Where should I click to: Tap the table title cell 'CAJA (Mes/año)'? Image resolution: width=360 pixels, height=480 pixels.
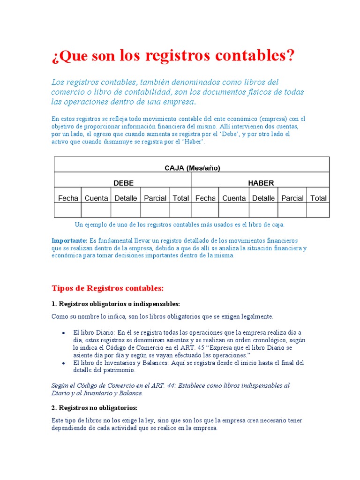click(x=192, y=168)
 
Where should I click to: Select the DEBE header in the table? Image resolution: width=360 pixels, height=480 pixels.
click(x=123, y=183)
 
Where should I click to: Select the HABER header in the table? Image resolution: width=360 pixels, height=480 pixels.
click(x=261, y=183)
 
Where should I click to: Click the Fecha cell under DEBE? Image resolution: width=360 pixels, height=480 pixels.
click(x=68, y=198)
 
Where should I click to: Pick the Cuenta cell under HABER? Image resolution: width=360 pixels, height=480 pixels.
click(x=234, y=198)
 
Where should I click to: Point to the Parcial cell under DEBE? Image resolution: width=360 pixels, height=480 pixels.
click(x=155, y=198)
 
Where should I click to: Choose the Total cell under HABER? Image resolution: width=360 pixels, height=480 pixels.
click(x=318, y=198)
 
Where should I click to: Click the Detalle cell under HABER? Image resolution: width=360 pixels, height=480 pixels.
click(x=263, y=198)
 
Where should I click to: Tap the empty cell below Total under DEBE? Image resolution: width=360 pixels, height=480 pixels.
click(x=180, y=210)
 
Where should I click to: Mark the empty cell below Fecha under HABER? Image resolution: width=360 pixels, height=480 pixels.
click(x=205, y=210)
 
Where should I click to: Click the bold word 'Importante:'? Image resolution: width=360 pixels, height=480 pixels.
click(x=69, y=240)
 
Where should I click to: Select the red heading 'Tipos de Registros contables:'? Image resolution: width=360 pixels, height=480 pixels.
click(x=107, y=288)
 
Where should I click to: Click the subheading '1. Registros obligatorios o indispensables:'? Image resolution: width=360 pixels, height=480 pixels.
click(x=116, y=304)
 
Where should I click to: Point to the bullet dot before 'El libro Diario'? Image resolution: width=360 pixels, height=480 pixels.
click(x=63, y=332)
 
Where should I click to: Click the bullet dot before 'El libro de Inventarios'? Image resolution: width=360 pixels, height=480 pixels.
click(x=63, y=363)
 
